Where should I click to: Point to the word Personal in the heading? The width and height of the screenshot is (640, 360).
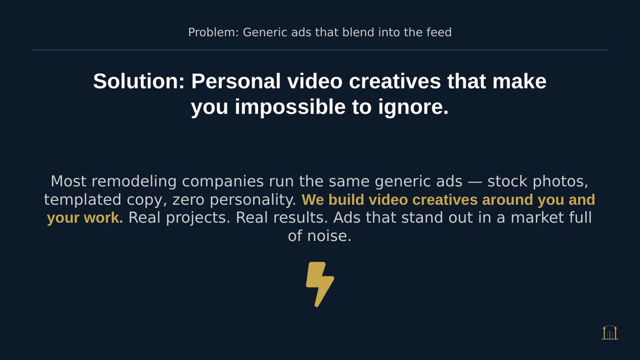click(236, 82)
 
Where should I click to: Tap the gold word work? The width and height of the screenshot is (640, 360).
click(108, 218)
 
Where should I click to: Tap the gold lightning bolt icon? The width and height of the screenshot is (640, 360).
click(319, 284)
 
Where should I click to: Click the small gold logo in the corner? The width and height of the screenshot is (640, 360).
click(610, 333)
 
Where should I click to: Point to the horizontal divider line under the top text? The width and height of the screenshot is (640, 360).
click(320, 50)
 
